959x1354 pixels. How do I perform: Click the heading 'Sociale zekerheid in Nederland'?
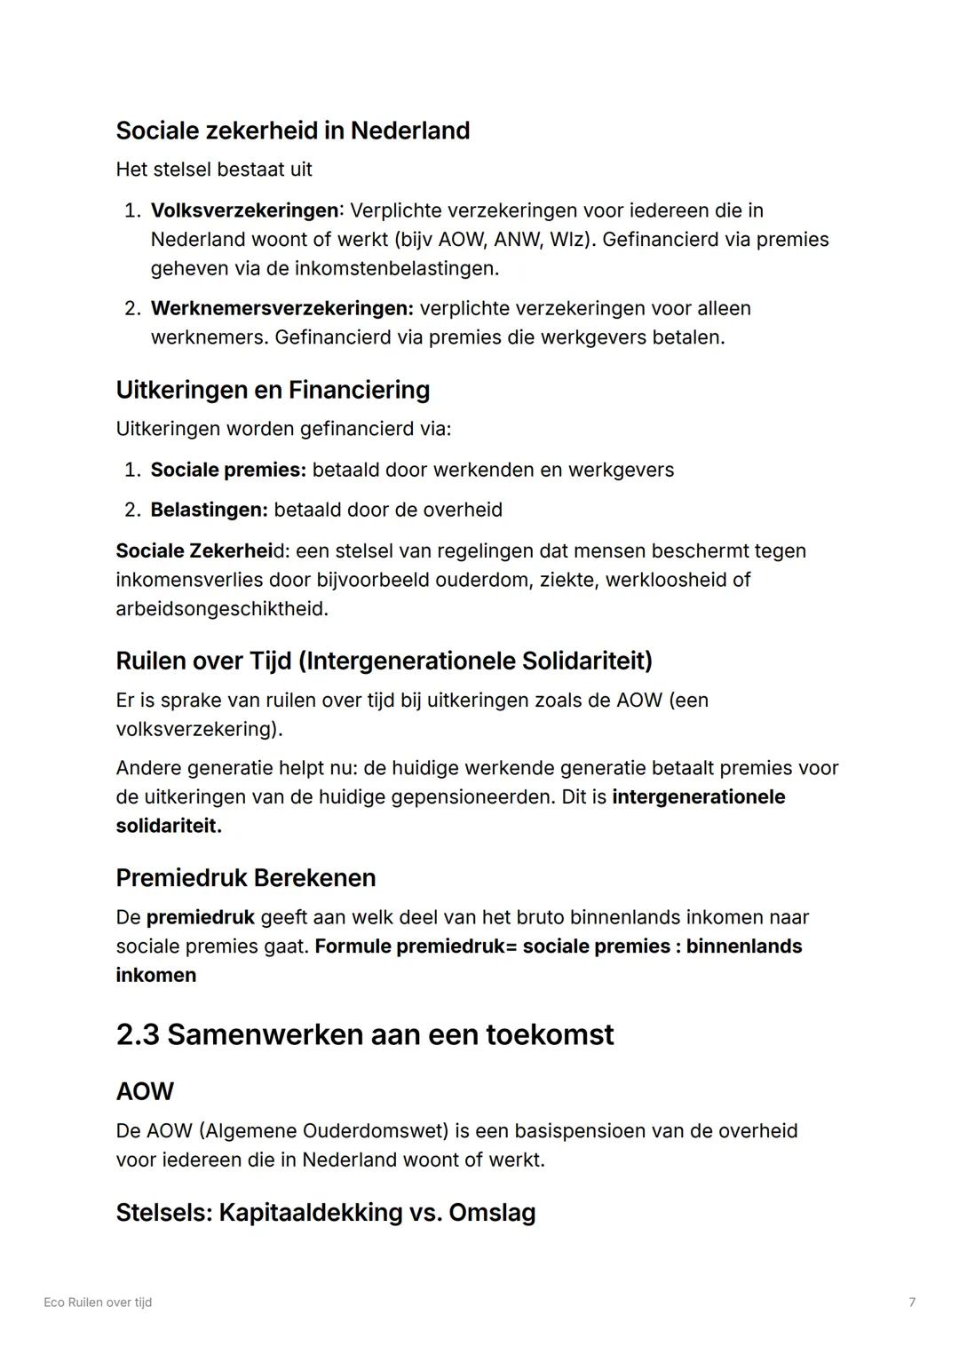tap(292, 131)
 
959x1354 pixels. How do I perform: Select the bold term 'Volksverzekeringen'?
tap(244, 210)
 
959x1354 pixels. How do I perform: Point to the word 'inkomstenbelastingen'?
tap(394, 268)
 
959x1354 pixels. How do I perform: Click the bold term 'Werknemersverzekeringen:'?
tap(282, 308)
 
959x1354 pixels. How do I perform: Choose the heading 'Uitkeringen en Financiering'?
tap(273, 390)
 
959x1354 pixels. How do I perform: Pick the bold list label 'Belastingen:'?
tap(209, 510)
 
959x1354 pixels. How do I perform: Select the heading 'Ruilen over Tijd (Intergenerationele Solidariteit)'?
tap(384, 661)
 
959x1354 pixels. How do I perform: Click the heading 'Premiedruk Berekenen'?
tap(246, 877)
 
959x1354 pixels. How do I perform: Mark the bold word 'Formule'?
tap(353, 946)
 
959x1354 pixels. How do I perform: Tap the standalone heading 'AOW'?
tap(145, 1091)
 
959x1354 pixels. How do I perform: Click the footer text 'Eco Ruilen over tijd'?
tap(98, 1303)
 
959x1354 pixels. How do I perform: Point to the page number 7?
tap(912, 1303)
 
